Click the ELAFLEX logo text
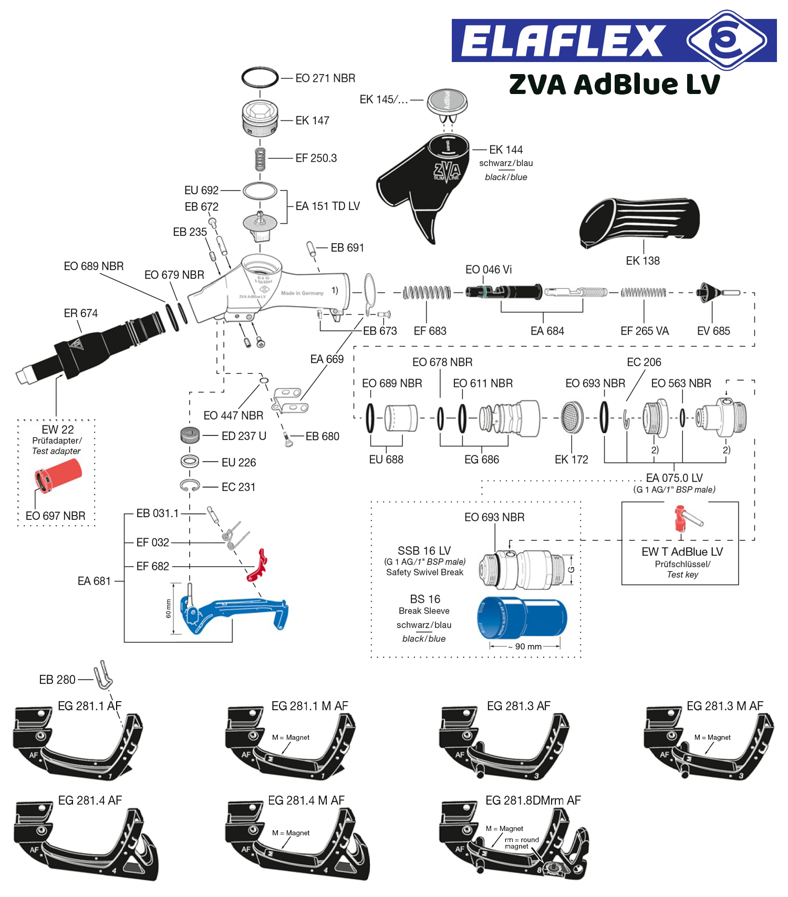(562, 41)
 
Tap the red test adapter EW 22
(58, 475)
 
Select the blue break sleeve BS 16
(522, 618)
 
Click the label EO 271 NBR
(325, 78)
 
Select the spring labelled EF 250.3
(260, 159)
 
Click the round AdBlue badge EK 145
(447, 101)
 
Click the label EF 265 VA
(645, 331)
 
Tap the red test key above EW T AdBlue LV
(686, 518)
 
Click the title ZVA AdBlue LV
(614, 84)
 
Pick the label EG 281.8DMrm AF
(533, 800)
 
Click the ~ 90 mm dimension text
(525, 646)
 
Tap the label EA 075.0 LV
(674, 478)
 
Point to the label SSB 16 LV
(424, 550)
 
